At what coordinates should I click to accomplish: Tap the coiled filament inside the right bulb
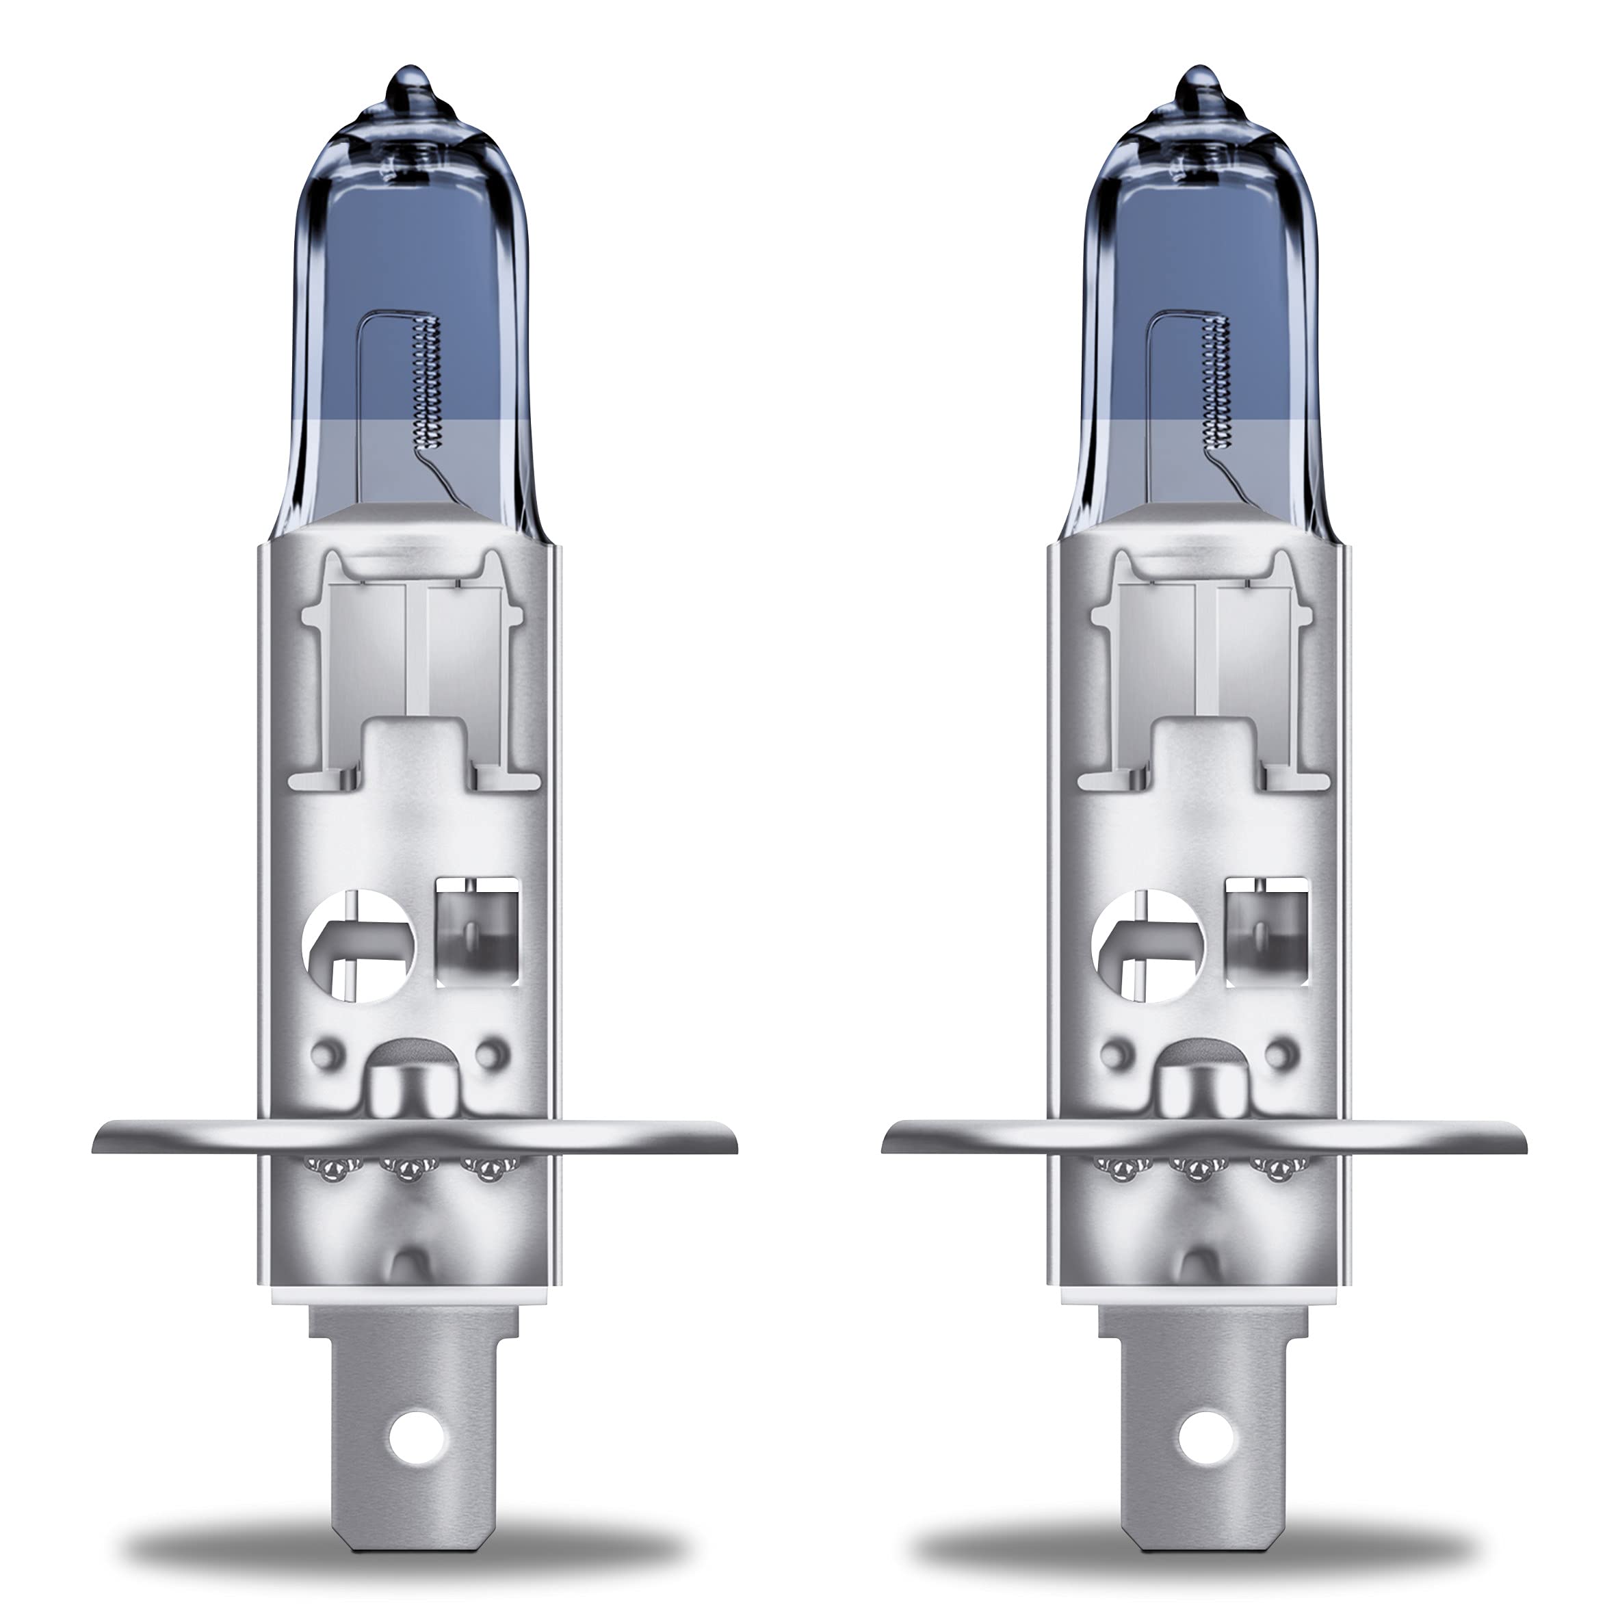point(1218,381)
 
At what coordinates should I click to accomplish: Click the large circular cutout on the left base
point(358,945)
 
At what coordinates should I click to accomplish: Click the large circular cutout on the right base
point(1148,945)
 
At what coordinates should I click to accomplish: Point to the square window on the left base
point(478,931)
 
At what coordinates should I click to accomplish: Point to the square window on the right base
point(1266,931)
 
